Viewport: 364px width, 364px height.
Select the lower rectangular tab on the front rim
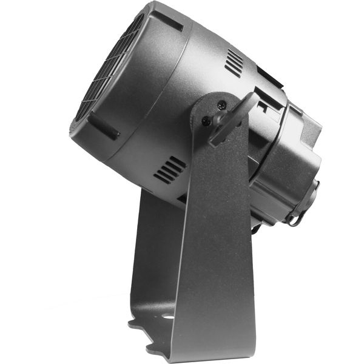[x=103, y=124]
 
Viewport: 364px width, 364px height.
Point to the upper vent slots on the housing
[x=234, y=62]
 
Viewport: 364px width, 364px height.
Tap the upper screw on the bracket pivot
[x=221, y=104]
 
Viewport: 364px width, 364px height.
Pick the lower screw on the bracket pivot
[x=207, y=121]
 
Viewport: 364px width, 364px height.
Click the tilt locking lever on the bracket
[x=234, y=118]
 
